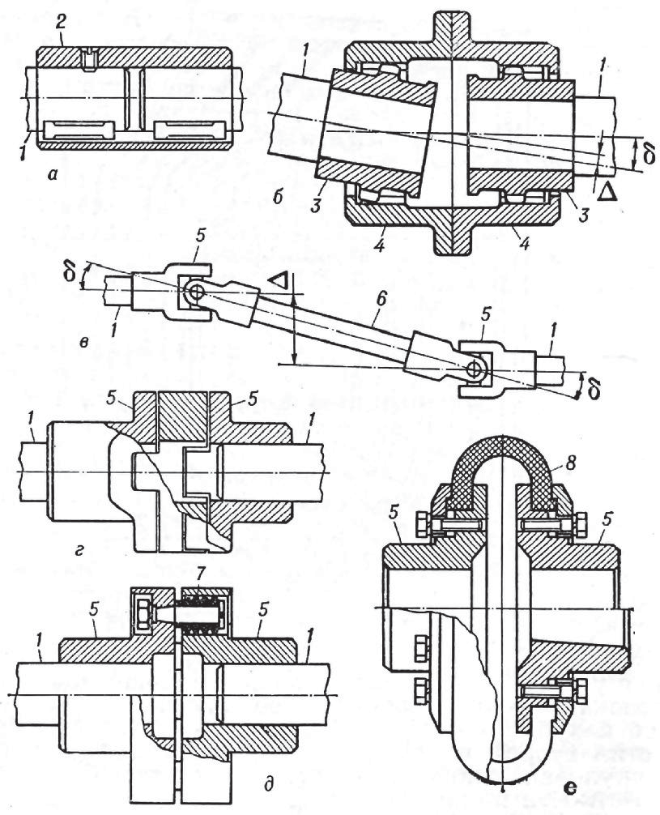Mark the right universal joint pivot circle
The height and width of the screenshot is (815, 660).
476,369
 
